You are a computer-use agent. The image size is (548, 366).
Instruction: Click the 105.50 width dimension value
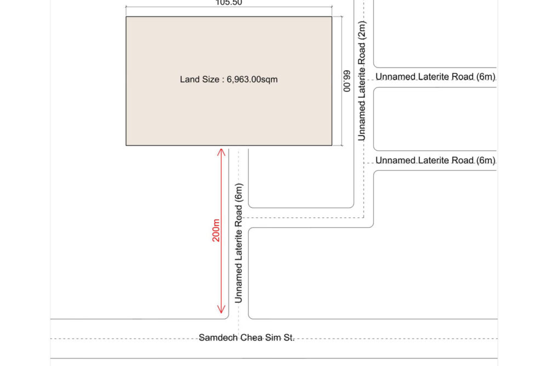point(229,3)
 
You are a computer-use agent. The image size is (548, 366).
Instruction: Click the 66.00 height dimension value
point(346,81)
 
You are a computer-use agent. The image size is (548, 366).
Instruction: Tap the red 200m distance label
point(216,230)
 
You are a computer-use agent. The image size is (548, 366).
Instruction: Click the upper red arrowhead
point(221,152)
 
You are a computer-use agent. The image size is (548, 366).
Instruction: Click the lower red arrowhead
point(221,309)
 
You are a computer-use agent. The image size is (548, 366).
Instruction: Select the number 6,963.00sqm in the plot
point(252,80)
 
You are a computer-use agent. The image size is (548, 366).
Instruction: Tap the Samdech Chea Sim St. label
point(247,337)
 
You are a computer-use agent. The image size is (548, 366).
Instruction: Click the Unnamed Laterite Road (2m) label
point(362,81)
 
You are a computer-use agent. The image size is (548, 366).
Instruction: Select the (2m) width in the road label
point(362,30)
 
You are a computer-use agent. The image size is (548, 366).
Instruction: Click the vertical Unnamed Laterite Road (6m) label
point(238,243)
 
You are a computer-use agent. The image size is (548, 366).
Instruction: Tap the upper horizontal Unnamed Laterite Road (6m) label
point(436,77)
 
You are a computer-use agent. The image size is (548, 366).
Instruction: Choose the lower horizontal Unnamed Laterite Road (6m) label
point(436,160)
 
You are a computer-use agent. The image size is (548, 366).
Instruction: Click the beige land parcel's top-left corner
point(126,16)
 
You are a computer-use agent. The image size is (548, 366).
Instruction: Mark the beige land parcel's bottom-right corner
point(332,145)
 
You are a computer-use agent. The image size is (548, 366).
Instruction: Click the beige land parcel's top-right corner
point(332,16)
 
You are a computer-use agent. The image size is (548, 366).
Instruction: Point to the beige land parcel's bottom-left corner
point(126,145)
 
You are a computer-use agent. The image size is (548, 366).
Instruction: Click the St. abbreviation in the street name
point(289,337)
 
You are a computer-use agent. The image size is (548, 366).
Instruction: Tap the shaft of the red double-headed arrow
point(221,231)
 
